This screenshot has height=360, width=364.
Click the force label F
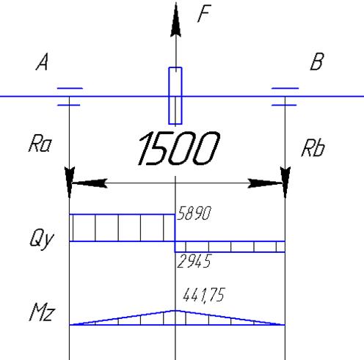[204, 14]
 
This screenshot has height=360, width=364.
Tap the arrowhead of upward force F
[176, 20]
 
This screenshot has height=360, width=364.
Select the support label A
[42, 62]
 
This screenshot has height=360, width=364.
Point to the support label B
[317, 62]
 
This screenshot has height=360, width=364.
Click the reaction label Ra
[40, 144]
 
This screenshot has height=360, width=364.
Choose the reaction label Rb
[313, 147]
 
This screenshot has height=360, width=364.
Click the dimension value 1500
[178, 148]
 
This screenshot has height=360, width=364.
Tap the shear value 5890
[194, 213]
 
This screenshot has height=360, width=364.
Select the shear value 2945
[194, 261]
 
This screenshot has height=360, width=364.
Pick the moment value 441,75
[203, 295]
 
